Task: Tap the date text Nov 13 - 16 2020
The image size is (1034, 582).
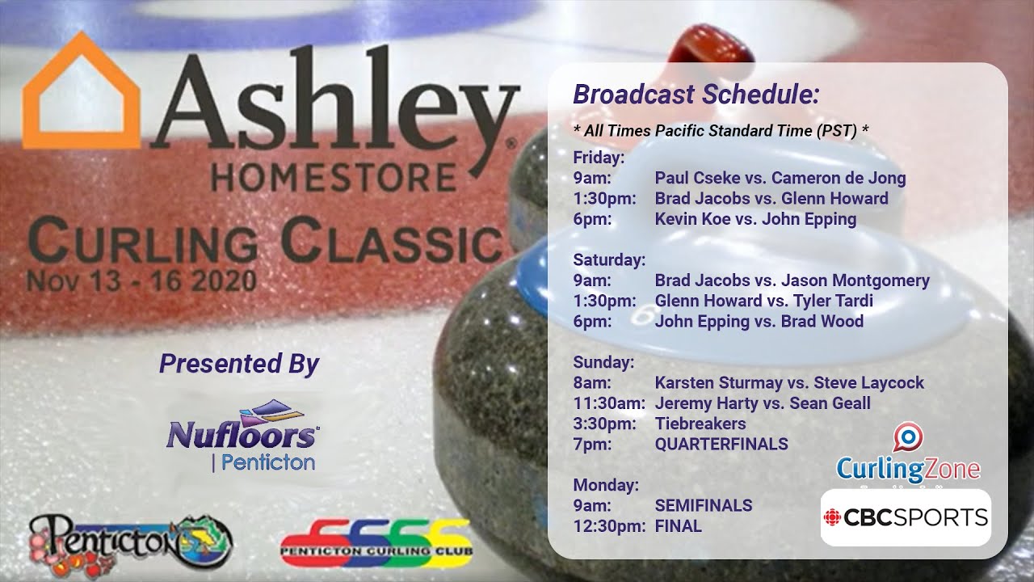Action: point(141,281)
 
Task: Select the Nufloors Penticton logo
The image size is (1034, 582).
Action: point(242,436)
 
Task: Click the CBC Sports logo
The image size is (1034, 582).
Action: point(906,517)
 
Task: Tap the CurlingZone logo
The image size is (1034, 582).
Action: point(908,457)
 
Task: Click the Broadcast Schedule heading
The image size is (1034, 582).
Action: point(696,95)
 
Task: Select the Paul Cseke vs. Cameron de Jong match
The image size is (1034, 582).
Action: point(780,178)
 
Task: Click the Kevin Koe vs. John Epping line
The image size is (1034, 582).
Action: point(755,219)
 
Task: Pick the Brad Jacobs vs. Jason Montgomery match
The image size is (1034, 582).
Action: point(792,280)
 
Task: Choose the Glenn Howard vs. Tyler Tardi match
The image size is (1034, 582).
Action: point(763,301)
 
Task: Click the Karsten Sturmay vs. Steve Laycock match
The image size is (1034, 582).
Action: point(789,382)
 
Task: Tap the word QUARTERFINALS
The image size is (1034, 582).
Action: point(721,444)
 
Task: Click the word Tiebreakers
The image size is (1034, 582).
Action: point(700,424)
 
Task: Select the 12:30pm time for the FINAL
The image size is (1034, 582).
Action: point(608,526)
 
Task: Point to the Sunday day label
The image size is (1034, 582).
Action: point(603,362)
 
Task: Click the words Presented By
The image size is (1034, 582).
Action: point(239,364)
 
